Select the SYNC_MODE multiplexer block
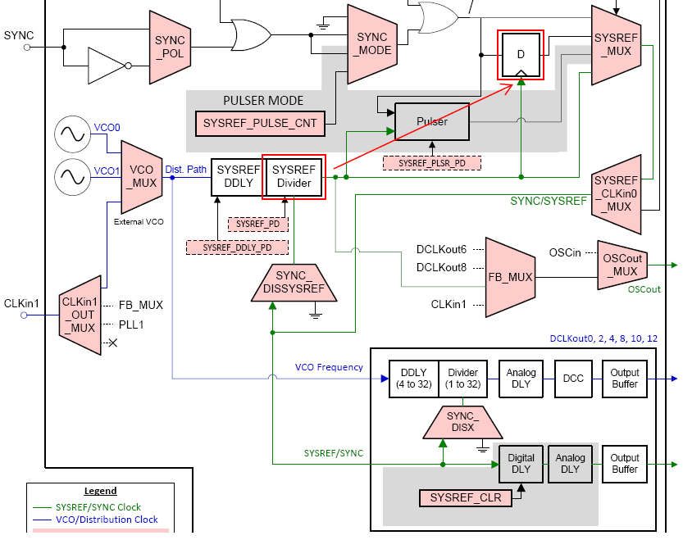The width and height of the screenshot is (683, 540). [x=372, y=43]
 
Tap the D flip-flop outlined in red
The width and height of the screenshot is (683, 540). [x=519, y=55]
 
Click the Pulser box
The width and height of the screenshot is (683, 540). [x=432, y=122]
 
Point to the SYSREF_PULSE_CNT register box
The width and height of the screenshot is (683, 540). [x=260, y=123]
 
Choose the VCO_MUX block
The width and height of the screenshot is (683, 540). [x=143, y=175]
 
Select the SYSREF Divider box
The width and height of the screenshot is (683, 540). [x=294, y=176]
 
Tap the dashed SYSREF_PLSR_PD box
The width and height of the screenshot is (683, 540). [x=431, y=163]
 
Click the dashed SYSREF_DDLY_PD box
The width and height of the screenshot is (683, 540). [x=237, y=247]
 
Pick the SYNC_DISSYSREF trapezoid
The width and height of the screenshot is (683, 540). [x=294, y=282]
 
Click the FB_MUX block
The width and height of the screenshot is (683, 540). [x=510, y=277]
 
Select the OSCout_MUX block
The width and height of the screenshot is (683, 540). [x=625, y=265]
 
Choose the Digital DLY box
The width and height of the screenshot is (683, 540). [x=521, y=464]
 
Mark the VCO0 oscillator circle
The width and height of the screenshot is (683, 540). [x=72, y=134]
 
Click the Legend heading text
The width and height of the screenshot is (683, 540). [x=100, y=491]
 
